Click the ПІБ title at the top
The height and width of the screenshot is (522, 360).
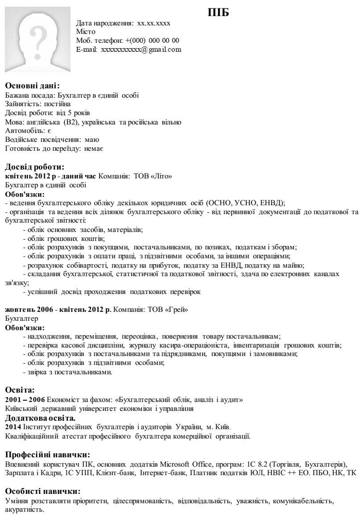[218, 13]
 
